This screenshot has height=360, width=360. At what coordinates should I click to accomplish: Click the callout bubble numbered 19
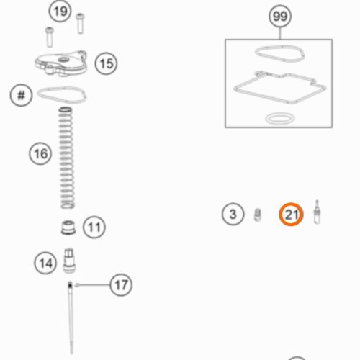(60, 12)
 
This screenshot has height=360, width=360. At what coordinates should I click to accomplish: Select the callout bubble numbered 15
(106, 63)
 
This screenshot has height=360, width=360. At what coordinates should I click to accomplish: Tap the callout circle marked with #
(21, 95)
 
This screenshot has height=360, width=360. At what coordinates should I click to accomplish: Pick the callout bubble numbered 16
(40, 153)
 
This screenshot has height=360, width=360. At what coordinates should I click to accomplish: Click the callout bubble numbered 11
(94, 227)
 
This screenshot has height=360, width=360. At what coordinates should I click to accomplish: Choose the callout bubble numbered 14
(45, 263)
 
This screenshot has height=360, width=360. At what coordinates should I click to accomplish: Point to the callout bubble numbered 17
(121, 285)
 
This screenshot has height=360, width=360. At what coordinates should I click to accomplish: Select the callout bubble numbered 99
(280, 17)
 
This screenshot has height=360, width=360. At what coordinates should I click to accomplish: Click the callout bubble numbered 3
(233, 214)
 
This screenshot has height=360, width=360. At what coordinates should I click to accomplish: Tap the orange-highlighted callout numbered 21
(291, 215)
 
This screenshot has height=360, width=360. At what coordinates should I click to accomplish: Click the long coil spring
(67, 158)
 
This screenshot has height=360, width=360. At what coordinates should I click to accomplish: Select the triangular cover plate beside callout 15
(60, 63)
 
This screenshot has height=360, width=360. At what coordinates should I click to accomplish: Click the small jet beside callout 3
(258, 215)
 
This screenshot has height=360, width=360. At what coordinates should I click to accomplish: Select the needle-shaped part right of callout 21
(317, 212)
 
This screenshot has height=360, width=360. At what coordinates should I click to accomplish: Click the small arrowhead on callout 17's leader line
(77, 285)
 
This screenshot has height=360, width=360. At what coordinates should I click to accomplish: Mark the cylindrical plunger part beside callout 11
(68, 228)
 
